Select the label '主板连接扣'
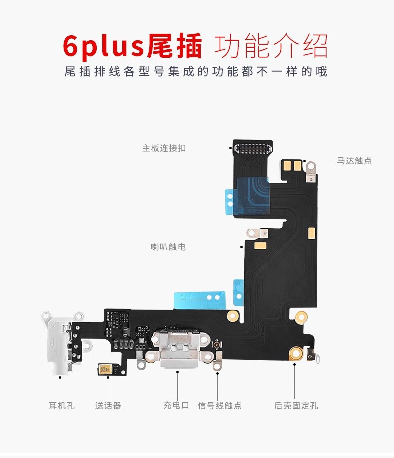coord(164,148)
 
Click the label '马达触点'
coord(354,161)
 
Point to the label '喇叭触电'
coord(168,246)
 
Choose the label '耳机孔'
coord(61,405)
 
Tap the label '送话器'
coord(108,405)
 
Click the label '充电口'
coord(176,405)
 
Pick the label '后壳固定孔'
coord(296,405)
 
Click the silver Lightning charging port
coord(177,349)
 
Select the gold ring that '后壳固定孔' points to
coord(295,353)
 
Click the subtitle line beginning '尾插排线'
coord(196,72)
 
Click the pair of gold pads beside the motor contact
coord(292,164)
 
